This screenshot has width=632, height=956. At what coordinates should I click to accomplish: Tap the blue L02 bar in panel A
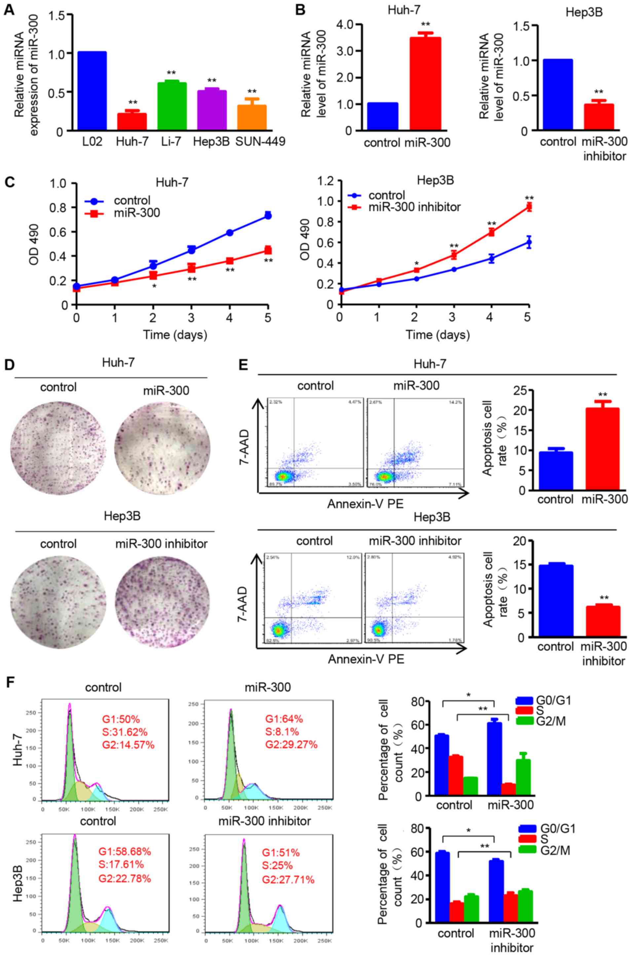pyautogui.click(x=92, y=91)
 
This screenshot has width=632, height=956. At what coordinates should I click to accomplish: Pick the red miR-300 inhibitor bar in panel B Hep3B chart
pyautogui.click(x=598, y=117)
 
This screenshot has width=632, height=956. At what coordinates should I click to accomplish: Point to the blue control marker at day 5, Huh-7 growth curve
pyautogui.click(x=268, y=216)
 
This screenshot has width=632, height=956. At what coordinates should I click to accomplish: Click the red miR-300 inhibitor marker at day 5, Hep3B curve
pyautogui.click(x=529, y=207)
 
